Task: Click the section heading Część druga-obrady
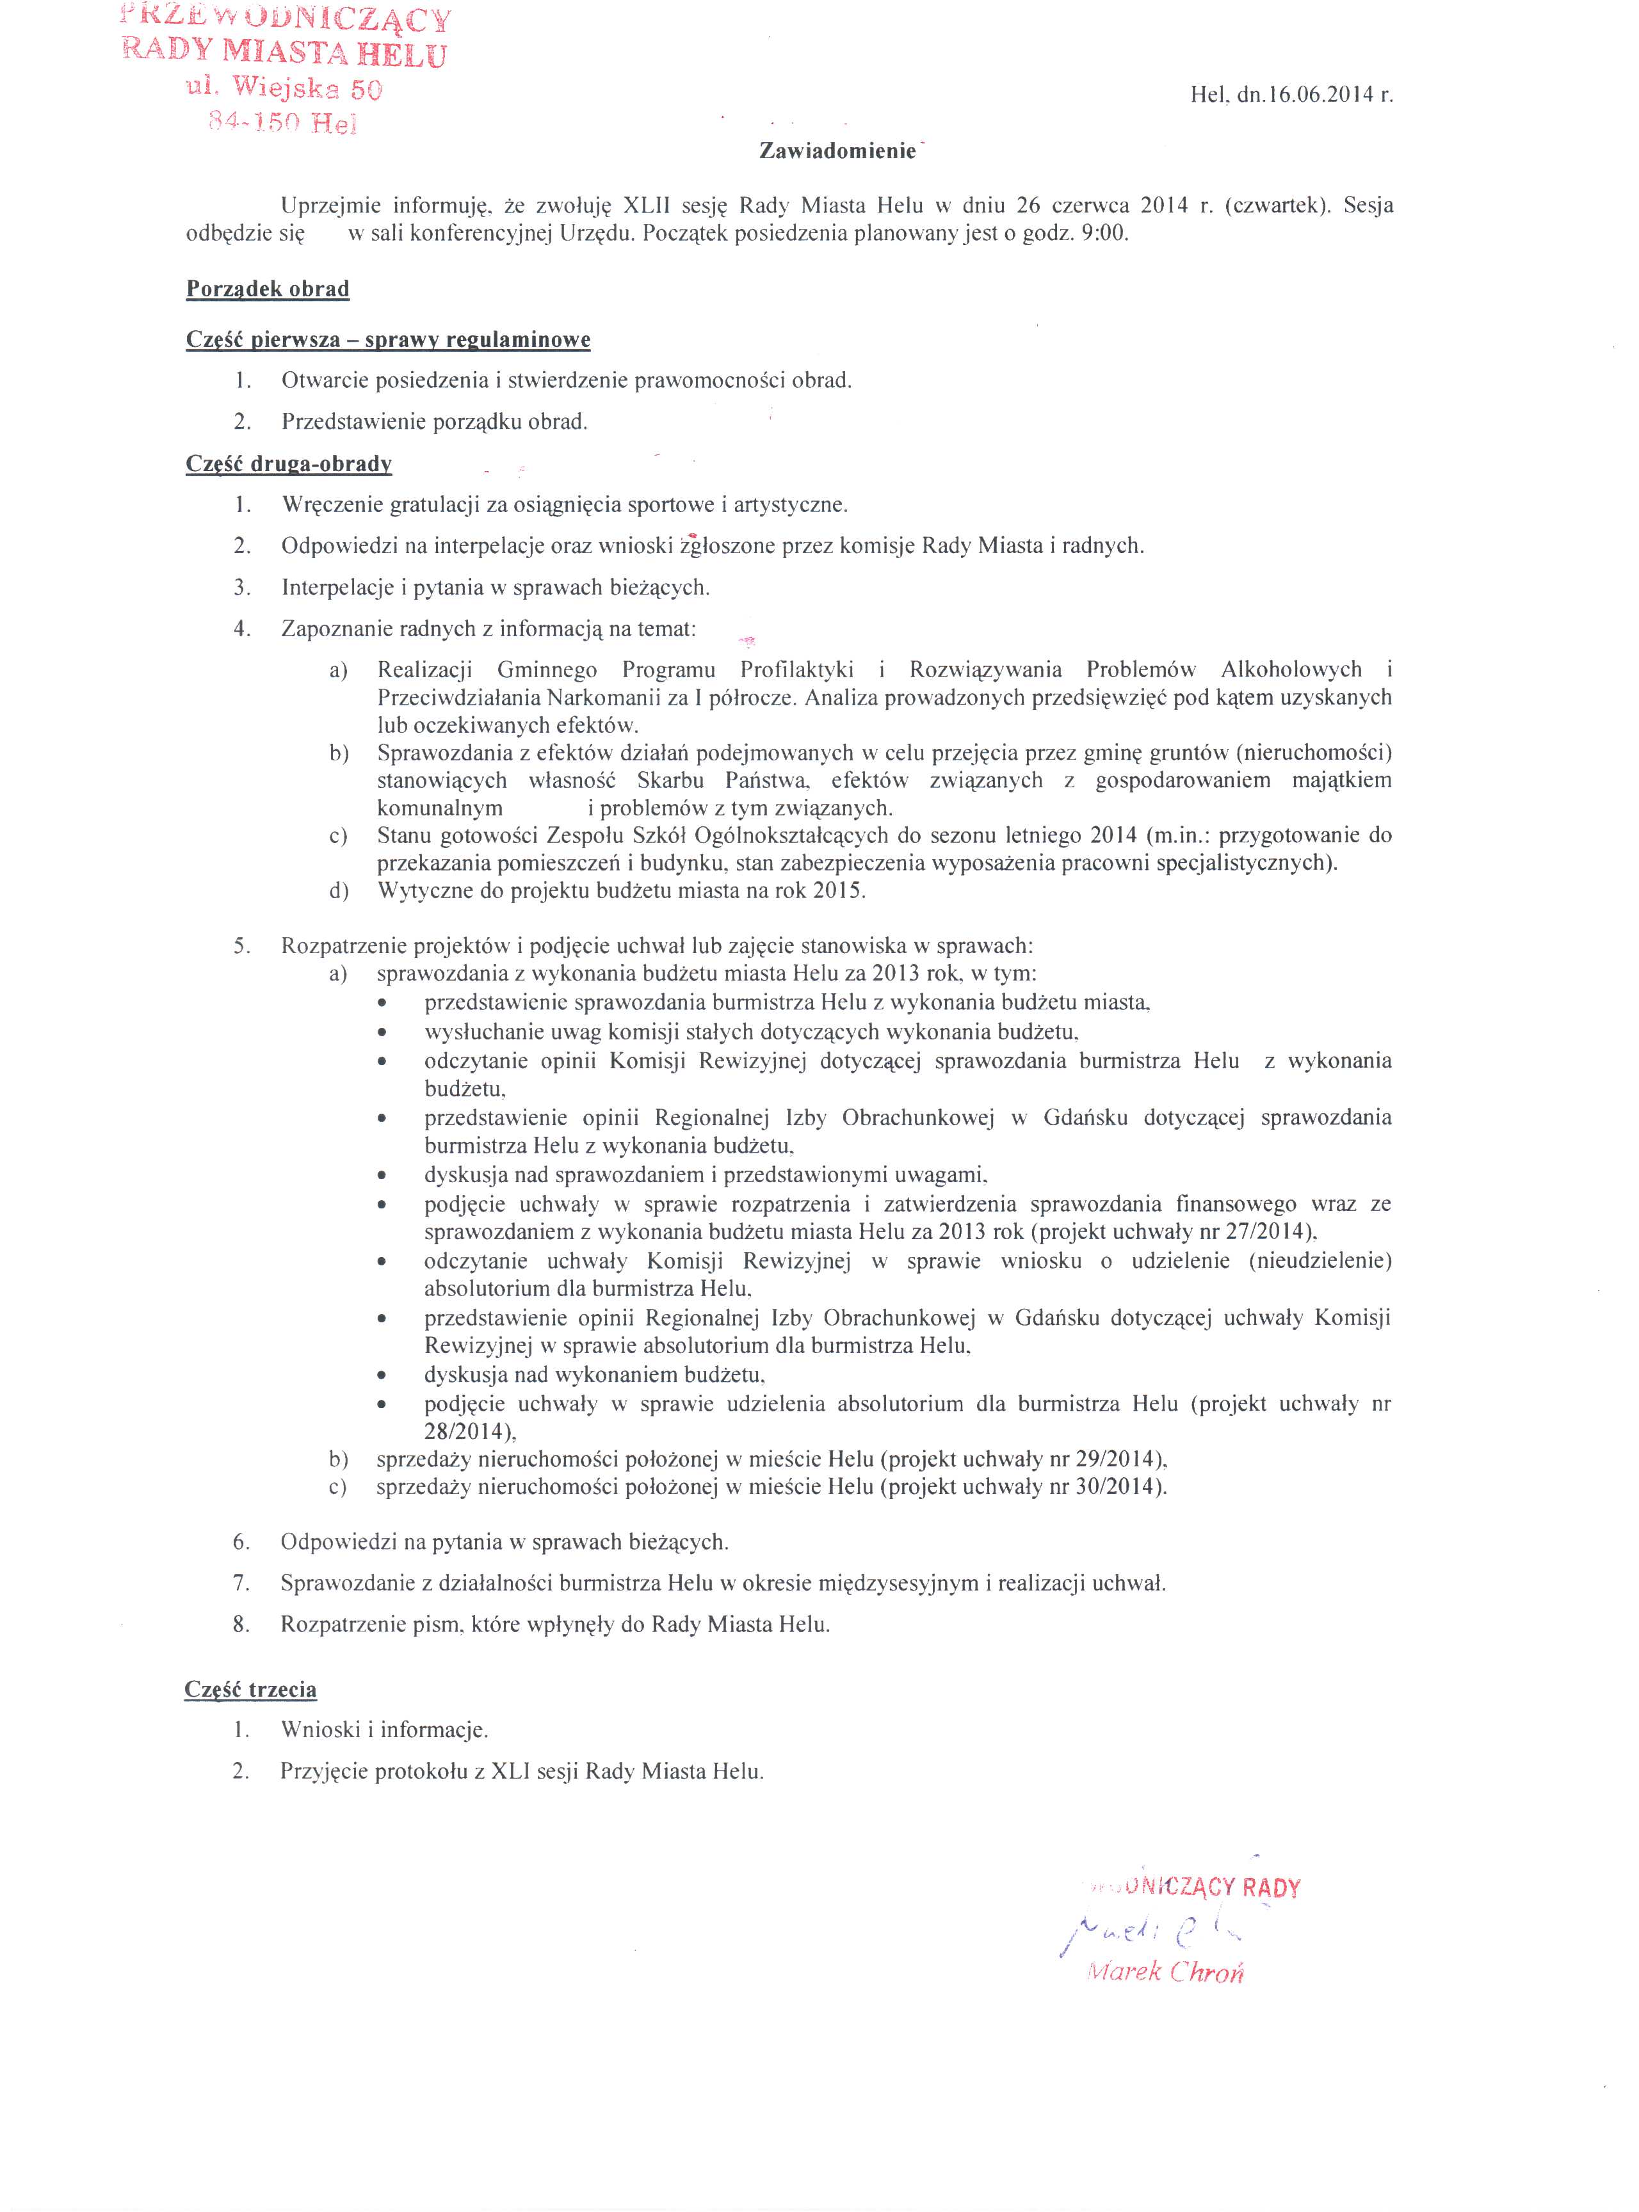(x=289, y=463)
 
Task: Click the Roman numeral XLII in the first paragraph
(x=647, y=205)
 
